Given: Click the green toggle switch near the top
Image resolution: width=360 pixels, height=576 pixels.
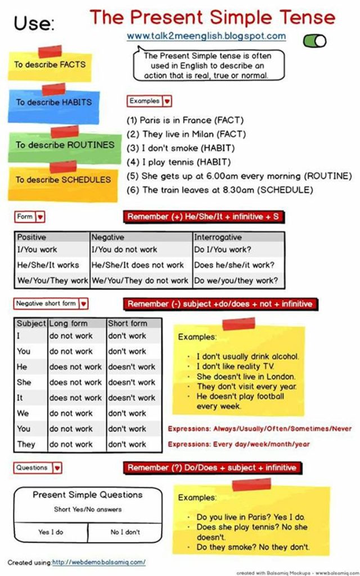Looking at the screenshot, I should [314, 40].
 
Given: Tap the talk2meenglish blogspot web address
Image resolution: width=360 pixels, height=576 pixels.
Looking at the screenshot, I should [206, 36].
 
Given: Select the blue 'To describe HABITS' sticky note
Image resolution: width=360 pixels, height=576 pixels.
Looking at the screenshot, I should [53, 103].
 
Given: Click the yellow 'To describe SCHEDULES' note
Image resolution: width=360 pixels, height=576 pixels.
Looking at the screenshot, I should [62, 180].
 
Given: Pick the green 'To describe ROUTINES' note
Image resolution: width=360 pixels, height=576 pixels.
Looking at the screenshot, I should [64, 145].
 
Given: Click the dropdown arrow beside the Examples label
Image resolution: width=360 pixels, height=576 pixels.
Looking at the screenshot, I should [167, 102].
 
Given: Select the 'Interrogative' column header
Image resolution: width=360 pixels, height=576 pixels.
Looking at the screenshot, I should [218, 237].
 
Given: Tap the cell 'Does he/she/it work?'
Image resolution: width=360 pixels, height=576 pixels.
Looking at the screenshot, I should [234, 265].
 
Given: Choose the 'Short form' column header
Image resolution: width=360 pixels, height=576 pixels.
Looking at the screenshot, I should [128, 323].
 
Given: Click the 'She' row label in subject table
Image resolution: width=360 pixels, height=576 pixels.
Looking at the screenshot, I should [24, 382].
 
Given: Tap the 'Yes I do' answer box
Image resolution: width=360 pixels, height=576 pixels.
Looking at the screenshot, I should [51, 532].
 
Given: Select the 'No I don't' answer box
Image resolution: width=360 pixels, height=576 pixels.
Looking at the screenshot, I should [125, 532].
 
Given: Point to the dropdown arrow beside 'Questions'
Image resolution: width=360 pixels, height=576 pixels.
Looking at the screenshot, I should [57, 468].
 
